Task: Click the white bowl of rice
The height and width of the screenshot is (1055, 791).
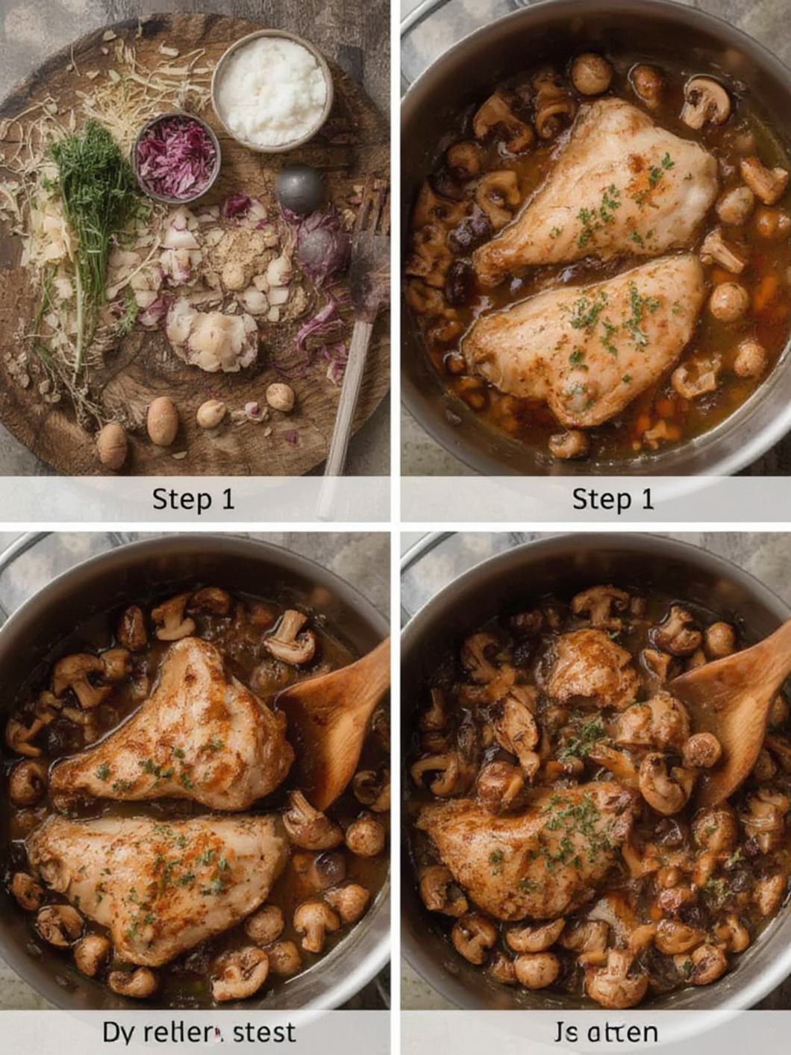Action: tap(272, 91)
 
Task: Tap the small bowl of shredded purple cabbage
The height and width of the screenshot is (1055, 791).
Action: tap(176, 157)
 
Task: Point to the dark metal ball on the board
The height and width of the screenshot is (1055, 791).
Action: tap(300, 190)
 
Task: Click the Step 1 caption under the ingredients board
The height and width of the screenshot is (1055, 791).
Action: tap(193, 499)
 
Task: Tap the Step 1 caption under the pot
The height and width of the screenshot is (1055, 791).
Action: tap(613, 499)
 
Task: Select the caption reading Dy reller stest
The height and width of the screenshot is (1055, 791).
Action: tap(198, 1033)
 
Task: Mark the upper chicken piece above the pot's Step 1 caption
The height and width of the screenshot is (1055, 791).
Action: tap(597, 187)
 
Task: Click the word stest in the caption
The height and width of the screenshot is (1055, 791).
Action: tap(264, 1033)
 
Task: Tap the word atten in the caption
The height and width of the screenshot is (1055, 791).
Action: tap(622, 1033)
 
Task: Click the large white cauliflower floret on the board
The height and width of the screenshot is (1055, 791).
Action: tap(213, 339)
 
